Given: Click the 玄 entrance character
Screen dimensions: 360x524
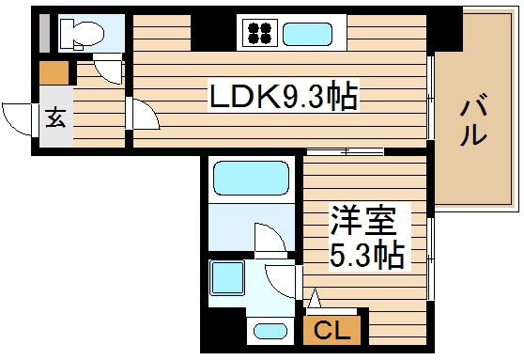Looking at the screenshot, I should (54, 118).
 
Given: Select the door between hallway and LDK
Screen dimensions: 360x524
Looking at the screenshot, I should (144, 116).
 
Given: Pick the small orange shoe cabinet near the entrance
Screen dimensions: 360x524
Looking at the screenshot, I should (53, 72).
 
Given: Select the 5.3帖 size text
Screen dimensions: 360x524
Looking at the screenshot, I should (366, 254).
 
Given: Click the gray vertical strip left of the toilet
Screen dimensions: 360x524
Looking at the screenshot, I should (42, 34).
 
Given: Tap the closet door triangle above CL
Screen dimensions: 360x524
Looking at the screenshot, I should (315, 300).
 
